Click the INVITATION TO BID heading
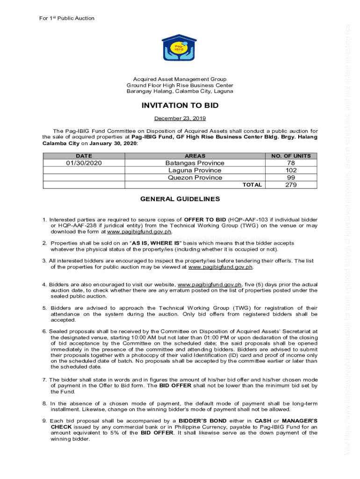point(180,106)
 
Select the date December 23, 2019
point(180,118)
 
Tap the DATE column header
point(84,156)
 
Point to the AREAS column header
point(194,156)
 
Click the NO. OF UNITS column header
point(291,156)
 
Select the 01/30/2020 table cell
point(84,163)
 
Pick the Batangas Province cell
point(194,163)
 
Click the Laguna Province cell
point(194,170)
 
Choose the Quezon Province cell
point(194,178)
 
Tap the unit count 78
point(291,163)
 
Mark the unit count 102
point(291,170)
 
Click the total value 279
point(291,185)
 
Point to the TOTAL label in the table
point(252,185)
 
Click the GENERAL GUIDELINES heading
point(180,199)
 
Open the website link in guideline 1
point(139,232)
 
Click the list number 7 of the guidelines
point(44,380)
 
